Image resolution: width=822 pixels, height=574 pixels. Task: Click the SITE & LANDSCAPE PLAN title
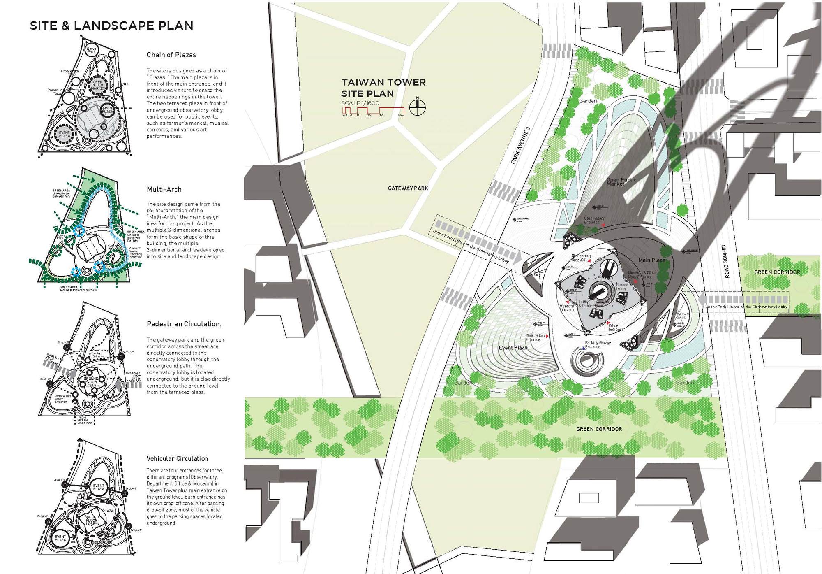point(111,26)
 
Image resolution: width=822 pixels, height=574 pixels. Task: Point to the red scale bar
point(373,110)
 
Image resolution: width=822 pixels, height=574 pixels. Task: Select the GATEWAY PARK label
point(408,188)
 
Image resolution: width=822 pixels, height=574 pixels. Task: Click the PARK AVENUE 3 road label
point(520,146)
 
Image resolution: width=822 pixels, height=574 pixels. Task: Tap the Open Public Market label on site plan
point(621,182)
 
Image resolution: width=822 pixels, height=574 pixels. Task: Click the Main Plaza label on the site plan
point(651,260)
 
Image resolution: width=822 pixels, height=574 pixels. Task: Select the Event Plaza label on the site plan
point(513,348)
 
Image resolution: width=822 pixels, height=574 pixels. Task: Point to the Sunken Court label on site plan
point(682,316)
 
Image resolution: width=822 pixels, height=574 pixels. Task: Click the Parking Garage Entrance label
point(598,345)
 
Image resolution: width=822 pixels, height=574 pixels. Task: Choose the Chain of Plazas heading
point(171,55)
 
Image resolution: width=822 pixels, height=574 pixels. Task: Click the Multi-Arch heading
point(164,190)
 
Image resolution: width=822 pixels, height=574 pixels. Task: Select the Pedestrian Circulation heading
point(184,324)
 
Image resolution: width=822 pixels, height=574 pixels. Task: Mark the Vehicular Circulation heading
point(177,459)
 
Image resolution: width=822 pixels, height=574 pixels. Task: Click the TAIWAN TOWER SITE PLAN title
point(383,88)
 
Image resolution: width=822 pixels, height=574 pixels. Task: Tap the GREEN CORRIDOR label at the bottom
point(599,429)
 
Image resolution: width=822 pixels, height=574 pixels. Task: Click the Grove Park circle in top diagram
point(92,50)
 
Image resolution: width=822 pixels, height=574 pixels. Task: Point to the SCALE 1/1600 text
point(360,103)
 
